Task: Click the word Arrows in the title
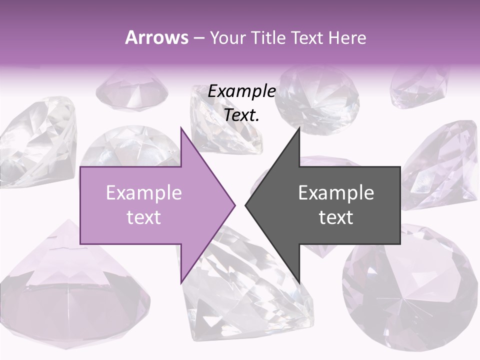156,37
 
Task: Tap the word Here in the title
347,37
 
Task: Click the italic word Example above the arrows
241,91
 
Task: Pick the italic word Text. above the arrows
241,115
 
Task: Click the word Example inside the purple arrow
143,192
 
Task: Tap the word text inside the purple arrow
143,217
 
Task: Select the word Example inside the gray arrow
336,192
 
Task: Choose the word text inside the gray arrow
336,217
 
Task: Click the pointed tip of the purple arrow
234,205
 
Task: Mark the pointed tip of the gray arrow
246,205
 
